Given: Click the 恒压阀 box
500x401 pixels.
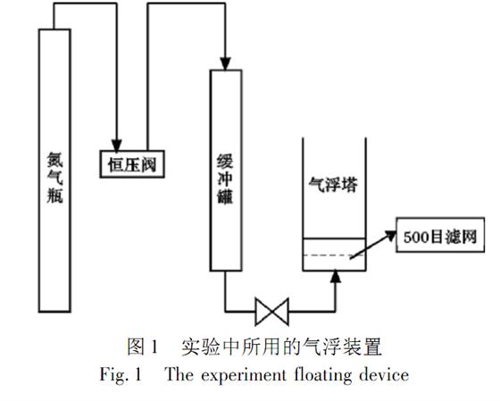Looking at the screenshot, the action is pos(132,164).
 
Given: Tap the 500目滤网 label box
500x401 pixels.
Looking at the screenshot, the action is pos(440,235).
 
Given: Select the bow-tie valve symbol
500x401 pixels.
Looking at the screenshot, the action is pos(272,312).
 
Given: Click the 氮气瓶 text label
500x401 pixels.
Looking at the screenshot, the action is pos(54,178).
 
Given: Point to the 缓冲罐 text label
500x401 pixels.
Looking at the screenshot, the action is pos(225,180).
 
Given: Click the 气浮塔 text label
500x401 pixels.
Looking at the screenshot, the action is pos(333,184).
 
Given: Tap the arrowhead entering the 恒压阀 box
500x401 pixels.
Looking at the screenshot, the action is pos(116,146).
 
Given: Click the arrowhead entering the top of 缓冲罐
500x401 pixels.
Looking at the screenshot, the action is pos(225,63).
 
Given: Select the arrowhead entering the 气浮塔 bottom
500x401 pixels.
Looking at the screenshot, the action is pos(335,277).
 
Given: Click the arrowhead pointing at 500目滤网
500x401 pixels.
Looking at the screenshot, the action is pos(390,235).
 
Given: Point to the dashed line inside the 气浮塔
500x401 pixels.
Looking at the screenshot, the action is pos(333,255).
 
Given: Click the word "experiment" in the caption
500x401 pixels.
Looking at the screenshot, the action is pos(244,375).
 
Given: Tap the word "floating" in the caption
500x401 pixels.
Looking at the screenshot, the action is pos(323,375).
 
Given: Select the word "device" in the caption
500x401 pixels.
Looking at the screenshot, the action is pos(384,374).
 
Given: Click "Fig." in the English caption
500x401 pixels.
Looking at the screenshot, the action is pos(114,374).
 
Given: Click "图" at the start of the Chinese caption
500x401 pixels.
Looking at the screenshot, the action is pos(136,347).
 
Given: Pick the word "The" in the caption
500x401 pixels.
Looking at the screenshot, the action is pos(179,373).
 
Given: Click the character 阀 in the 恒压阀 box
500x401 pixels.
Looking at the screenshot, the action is pos(148,165).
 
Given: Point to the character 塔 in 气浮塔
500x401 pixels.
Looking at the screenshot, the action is pos(350,185).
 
